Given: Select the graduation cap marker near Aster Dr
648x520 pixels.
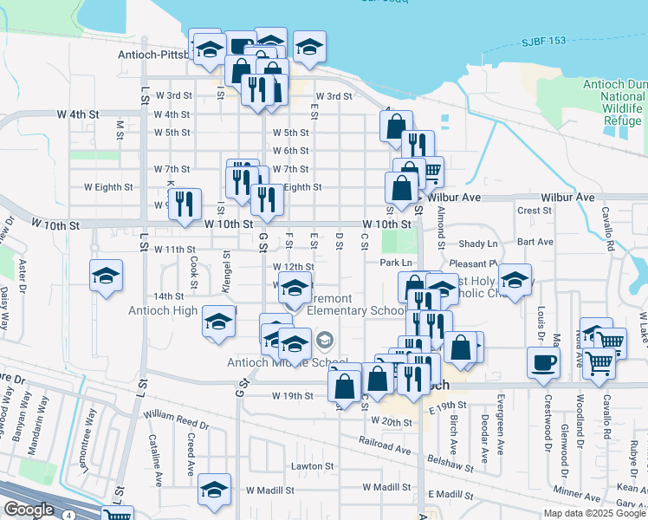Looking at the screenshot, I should pos(107,277).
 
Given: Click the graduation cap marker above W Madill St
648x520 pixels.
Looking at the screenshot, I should pos(214,491).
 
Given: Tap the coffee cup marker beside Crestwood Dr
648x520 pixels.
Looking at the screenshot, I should pos(543,363).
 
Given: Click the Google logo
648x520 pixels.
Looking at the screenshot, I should pos(29,510).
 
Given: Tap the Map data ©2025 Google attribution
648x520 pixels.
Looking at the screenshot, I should pos(594,513).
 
